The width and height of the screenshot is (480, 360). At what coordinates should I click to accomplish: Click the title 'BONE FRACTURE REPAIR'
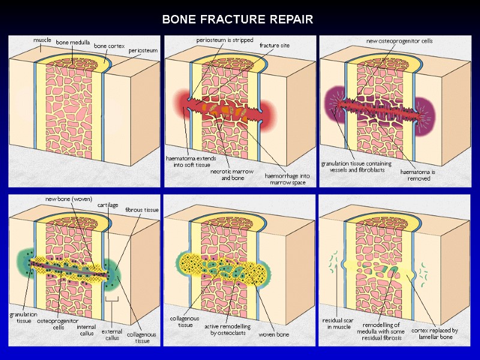(x=238, y=19)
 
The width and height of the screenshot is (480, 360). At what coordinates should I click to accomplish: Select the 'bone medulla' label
(x=73, y=43)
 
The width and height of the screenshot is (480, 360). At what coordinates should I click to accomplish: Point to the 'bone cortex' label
(x=108, y=45)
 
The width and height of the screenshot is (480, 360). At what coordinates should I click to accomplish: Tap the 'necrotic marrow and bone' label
(x=230, y=175)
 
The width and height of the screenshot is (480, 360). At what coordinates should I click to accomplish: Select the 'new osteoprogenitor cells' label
(x=400, y=41)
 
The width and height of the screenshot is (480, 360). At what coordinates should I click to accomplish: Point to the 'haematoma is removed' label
(x=418, y=175)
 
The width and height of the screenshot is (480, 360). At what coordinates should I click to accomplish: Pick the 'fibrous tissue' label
(x=142, y=210)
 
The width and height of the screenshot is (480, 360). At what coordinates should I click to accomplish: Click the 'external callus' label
(x=112, y=334)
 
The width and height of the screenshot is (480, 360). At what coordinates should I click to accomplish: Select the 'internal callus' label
(x=86, y=331)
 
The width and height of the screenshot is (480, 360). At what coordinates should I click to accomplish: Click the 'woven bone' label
(x=274, y=334)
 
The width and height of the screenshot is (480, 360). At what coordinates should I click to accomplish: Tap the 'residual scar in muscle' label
(x=338, y=324)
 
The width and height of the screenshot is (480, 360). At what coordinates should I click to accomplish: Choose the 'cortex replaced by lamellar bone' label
(x=434, y=334)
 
